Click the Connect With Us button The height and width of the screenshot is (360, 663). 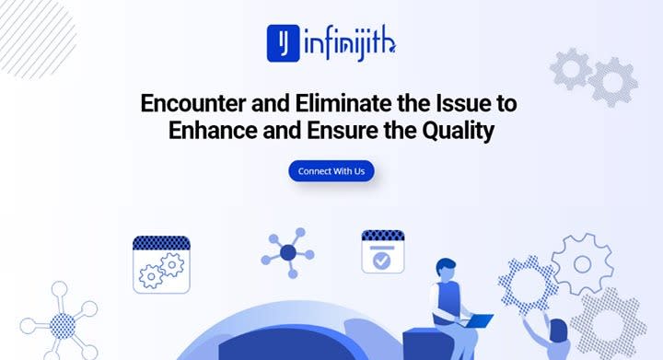(x=331, y=171)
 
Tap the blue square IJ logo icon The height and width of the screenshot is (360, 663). (x=284, y=43)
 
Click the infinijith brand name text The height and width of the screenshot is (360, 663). (x=350, y=44)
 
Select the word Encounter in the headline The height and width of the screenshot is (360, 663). (x=192, y=103)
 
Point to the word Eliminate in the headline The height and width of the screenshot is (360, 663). (x=343, y=103)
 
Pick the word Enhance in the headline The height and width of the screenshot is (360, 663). (x=213, y=130)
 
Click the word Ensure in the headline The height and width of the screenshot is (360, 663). (x=343, y=130)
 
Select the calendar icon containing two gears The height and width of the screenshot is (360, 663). (x=161, y=264)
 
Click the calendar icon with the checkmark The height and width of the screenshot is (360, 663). (x=383, y=252)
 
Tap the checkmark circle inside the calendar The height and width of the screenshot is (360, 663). (x=382, y=261)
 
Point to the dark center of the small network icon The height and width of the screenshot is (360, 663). (x=288, y=252)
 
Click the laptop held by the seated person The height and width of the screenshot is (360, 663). (x=477, y=320)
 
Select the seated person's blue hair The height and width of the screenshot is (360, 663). (x=446, y=265)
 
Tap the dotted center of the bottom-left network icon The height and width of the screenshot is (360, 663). (x=63, y=326)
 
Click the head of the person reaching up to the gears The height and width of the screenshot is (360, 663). (x=559, y=330)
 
